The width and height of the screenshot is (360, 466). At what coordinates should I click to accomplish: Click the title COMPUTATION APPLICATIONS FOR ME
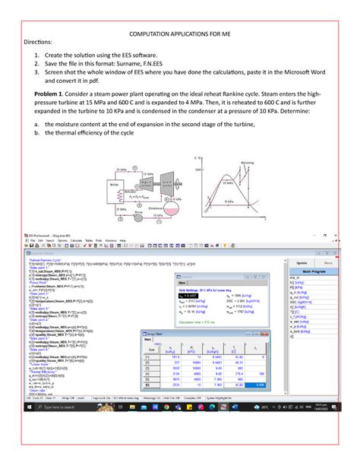tap(180, 36)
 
